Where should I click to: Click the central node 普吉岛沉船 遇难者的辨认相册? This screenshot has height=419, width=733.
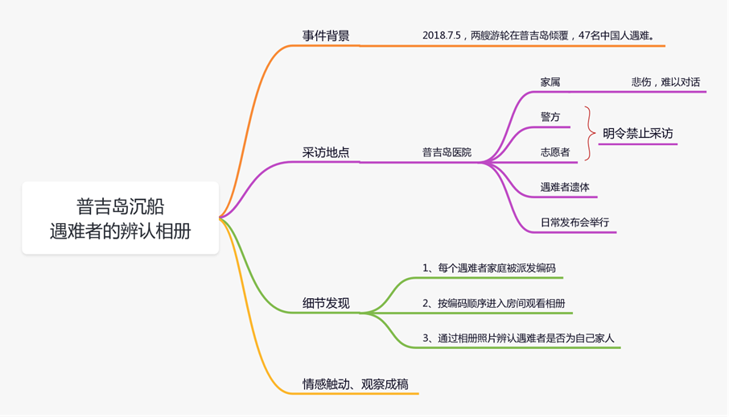click(120, 218)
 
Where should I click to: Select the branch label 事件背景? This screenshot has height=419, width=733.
click(325, 36)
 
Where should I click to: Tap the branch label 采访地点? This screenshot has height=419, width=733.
click(325, 152)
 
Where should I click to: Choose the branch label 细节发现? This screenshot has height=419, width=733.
click(325, 304)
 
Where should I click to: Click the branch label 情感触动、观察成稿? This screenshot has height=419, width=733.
click(355, 384)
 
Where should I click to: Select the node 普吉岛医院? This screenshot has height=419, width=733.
click(447, 152)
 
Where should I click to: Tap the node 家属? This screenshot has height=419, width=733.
click(550, 82)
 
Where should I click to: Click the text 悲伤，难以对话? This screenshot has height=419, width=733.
click(665, 82)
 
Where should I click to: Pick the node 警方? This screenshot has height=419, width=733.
click(550, 117)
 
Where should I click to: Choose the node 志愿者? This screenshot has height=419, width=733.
click(555, 152)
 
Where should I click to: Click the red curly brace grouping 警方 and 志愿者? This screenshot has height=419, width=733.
click(591, 134)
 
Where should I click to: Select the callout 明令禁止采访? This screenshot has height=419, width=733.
click(637, 134)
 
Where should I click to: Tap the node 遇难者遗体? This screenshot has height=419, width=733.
click(565, 187)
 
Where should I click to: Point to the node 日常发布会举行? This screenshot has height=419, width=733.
click(574, 222)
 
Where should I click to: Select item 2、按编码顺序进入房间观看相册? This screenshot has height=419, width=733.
click(493, 303)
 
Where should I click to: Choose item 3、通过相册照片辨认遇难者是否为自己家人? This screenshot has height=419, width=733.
click(518, 338)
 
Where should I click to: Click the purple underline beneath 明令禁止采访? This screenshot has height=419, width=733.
click(637, 145)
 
